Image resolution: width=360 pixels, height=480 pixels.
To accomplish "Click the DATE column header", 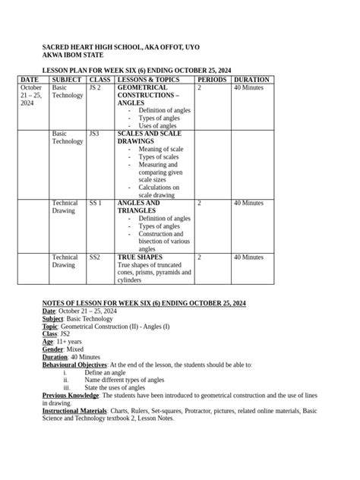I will [x=29, y=80].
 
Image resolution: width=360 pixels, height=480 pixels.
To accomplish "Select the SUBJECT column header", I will [x=68, y=80].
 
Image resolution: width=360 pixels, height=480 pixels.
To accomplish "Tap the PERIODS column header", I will [x=212, y=80].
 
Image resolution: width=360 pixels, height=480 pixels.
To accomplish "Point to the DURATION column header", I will [x=251, y=80].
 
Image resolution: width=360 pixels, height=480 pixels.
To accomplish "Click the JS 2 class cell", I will [x=95, y=88].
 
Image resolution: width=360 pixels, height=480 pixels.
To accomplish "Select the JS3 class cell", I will [x=94, y=134].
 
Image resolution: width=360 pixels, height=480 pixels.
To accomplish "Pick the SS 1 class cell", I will [x=96, y=204].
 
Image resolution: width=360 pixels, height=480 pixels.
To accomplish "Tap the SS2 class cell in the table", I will [x=95, y=257].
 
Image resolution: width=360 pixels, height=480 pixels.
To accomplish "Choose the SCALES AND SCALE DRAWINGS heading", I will [x=149, y=137].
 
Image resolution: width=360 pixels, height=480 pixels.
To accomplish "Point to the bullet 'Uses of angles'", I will [x=158, y=126].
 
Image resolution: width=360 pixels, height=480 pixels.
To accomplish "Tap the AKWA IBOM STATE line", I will [x=73, y=55].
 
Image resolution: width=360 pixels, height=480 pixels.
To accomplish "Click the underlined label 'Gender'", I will [x=53, y=349].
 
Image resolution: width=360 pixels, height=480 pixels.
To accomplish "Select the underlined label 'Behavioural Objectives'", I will [x=74, y=365].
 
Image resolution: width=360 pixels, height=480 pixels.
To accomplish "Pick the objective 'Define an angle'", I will [x=105, y=373].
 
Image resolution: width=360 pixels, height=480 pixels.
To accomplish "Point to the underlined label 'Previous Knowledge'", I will [x=70, y=396].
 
